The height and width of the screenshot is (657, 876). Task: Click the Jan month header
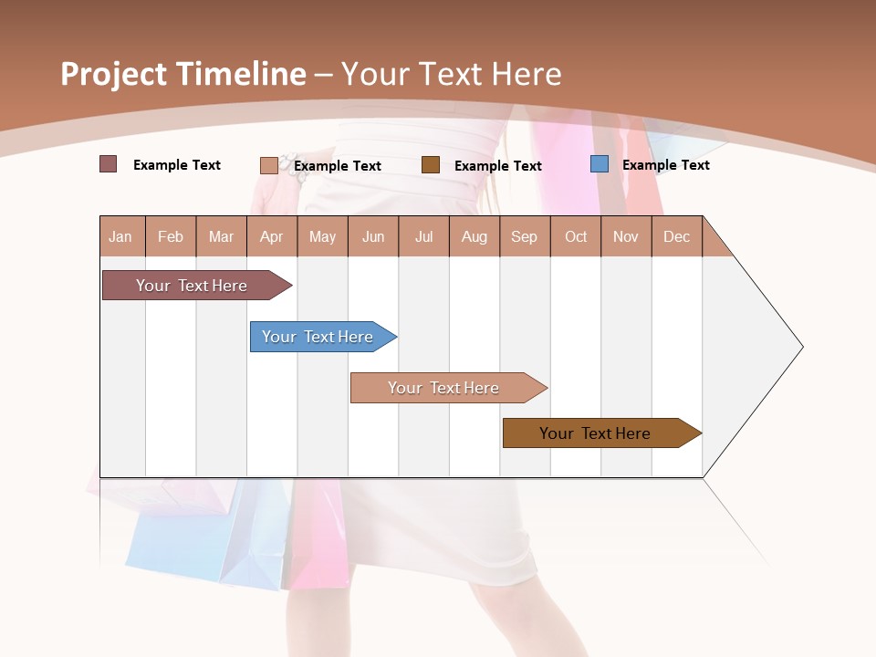pyautogui.click(x=121, y=236)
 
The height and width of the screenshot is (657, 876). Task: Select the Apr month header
pyautogui.click(x=271, y=236)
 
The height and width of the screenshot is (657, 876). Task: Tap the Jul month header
pyautogui.click(x=423, y=236)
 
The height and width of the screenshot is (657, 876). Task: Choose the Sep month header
pyautogui.click(x=524, y=236)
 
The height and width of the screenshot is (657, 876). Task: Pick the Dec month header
pyautogui.click(x=676, y=236)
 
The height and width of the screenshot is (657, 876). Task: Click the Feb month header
pyautogui.click(x=171, y=236)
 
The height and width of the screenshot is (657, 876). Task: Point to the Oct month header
pyautogui.click(x=575, y=236)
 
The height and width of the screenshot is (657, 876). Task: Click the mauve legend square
pyautogui.click(x=108, y=164)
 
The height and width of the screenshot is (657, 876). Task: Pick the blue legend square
pyautogui.click(x=599, y=164)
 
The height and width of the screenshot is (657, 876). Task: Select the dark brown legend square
pyautogui.click(x=431, y=165)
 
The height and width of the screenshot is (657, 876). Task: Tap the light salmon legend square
pyautogui.click(x=268, y=165)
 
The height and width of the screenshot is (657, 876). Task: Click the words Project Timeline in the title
pyautogui.click(x=182, y=74)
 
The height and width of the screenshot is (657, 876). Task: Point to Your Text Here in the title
pyautogui.click(x=451, y=74)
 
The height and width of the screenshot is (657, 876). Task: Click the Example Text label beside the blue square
pyautogui.click(x=665, y=165)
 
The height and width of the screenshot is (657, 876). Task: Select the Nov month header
pyautogui.click(x=626, y=236)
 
